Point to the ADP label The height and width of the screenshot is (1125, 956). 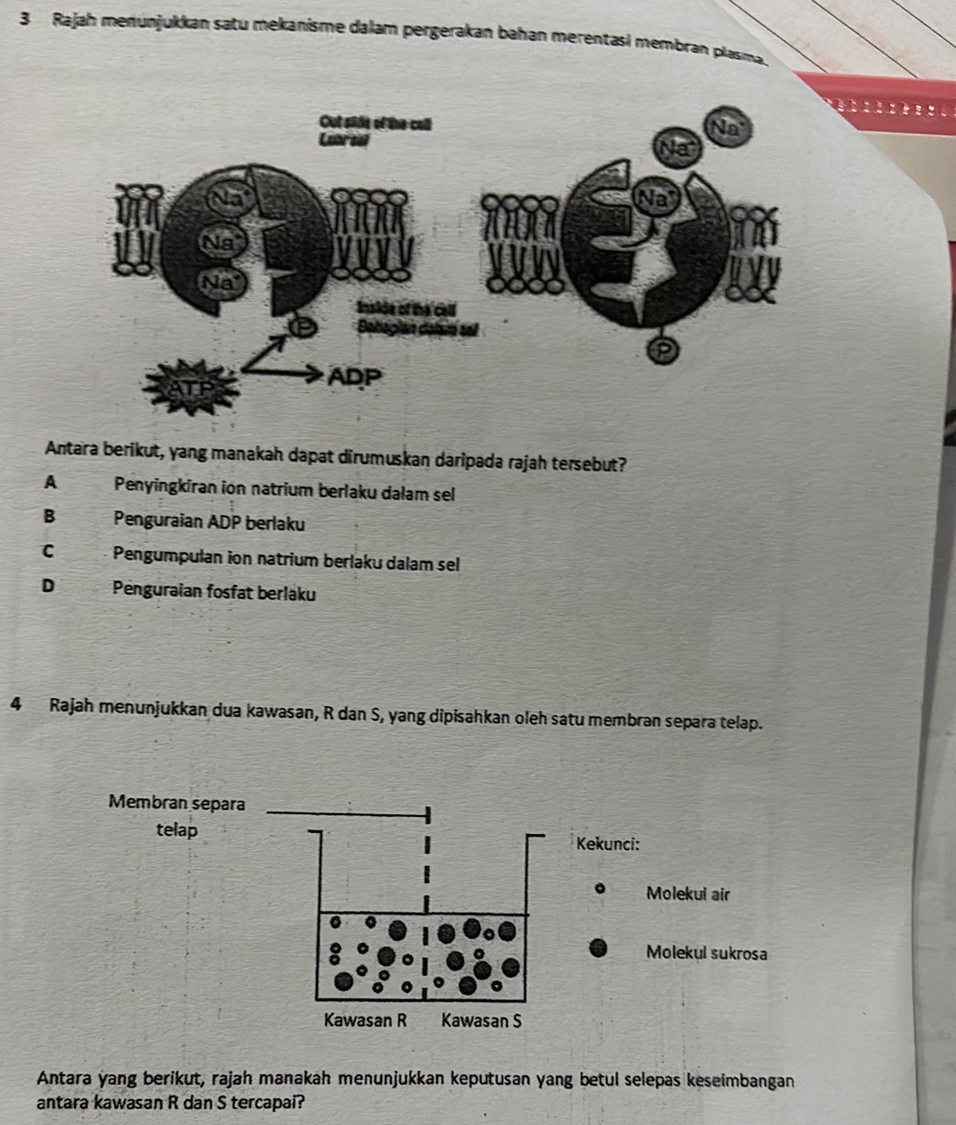tap(355, 377)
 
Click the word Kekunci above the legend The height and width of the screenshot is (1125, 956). tap(608, 843)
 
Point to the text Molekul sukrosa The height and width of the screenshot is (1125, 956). tap(706, 953)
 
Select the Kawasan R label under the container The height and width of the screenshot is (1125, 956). tap(366, 1020)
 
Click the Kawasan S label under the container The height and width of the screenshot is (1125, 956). tap(481, 1020)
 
